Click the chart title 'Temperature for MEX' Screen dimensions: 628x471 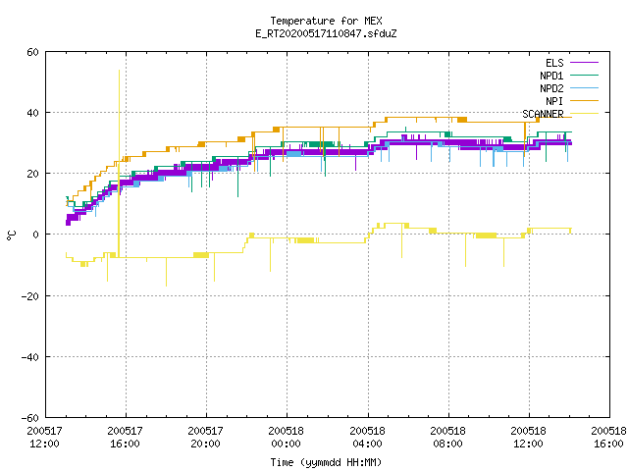(326, 21)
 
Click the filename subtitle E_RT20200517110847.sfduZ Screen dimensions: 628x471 (326, 33)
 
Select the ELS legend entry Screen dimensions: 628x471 (572, 63)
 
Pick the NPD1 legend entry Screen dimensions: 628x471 (569, 76)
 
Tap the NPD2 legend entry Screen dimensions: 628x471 (569, 88)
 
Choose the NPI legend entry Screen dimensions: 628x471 (572, 101)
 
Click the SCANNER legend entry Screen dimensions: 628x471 (560, 114)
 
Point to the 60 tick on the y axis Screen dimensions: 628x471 (32, 52)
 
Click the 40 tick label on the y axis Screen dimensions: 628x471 (32, 113)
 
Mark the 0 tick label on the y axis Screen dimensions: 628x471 (35, 235)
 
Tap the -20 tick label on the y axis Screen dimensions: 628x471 (30, 296)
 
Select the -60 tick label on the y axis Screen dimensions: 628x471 (30, 418)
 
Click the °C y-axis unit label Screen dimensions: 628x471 (11, 235)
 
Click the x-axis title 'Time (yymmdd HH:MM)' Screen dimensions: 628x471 (326, 462)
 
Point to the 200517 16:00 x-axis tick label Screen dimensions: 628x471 (125, 438)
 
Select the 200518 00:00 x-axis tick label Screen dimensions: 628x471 (286, 438)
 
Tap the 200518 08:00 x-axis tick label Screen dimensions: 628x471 (447, 438)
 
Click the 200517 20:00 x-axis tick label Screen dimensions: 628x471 (205, 438)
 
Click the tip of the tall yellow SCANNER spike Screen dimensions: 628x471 (119, 70)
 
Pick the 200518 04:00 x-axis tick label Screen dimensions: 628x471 (367, 438)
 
